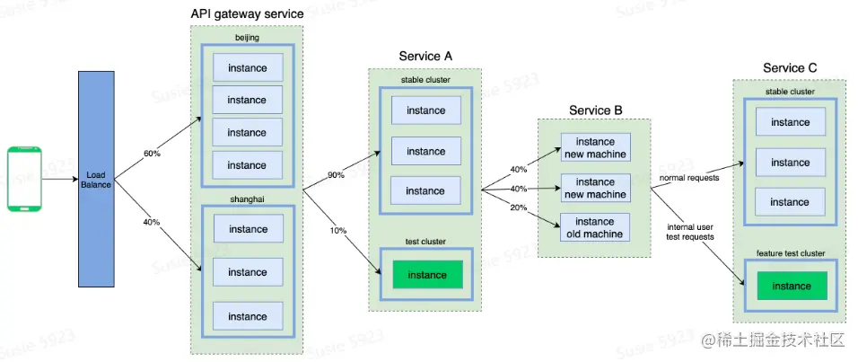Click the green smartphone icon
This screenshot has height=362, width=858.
(x=26, y=179)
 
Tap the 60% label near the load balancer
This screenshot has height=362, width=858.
(x=152, y=154)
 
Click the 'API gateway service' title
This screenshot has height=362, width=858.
(x=247, y=14)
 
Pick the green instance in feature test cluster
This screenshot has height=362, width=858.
(x=791, y=287)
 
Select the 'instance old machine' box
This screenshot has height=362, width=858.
(x=594, y=228)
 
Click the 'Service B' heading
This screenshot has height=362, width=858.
(x=595, y=110)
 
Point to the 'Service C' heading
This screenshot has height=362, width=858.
(x=790, y=68)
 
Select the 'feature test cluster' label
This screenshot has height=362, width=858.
(x=791, y=253)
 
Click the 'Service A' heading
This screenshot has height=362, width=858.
(x=425, y=57)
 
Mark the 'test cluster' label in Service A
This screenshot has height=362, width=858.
(x=425, y=242)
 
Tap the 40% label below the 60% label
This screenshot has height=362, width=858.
(x=152, y=221)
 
